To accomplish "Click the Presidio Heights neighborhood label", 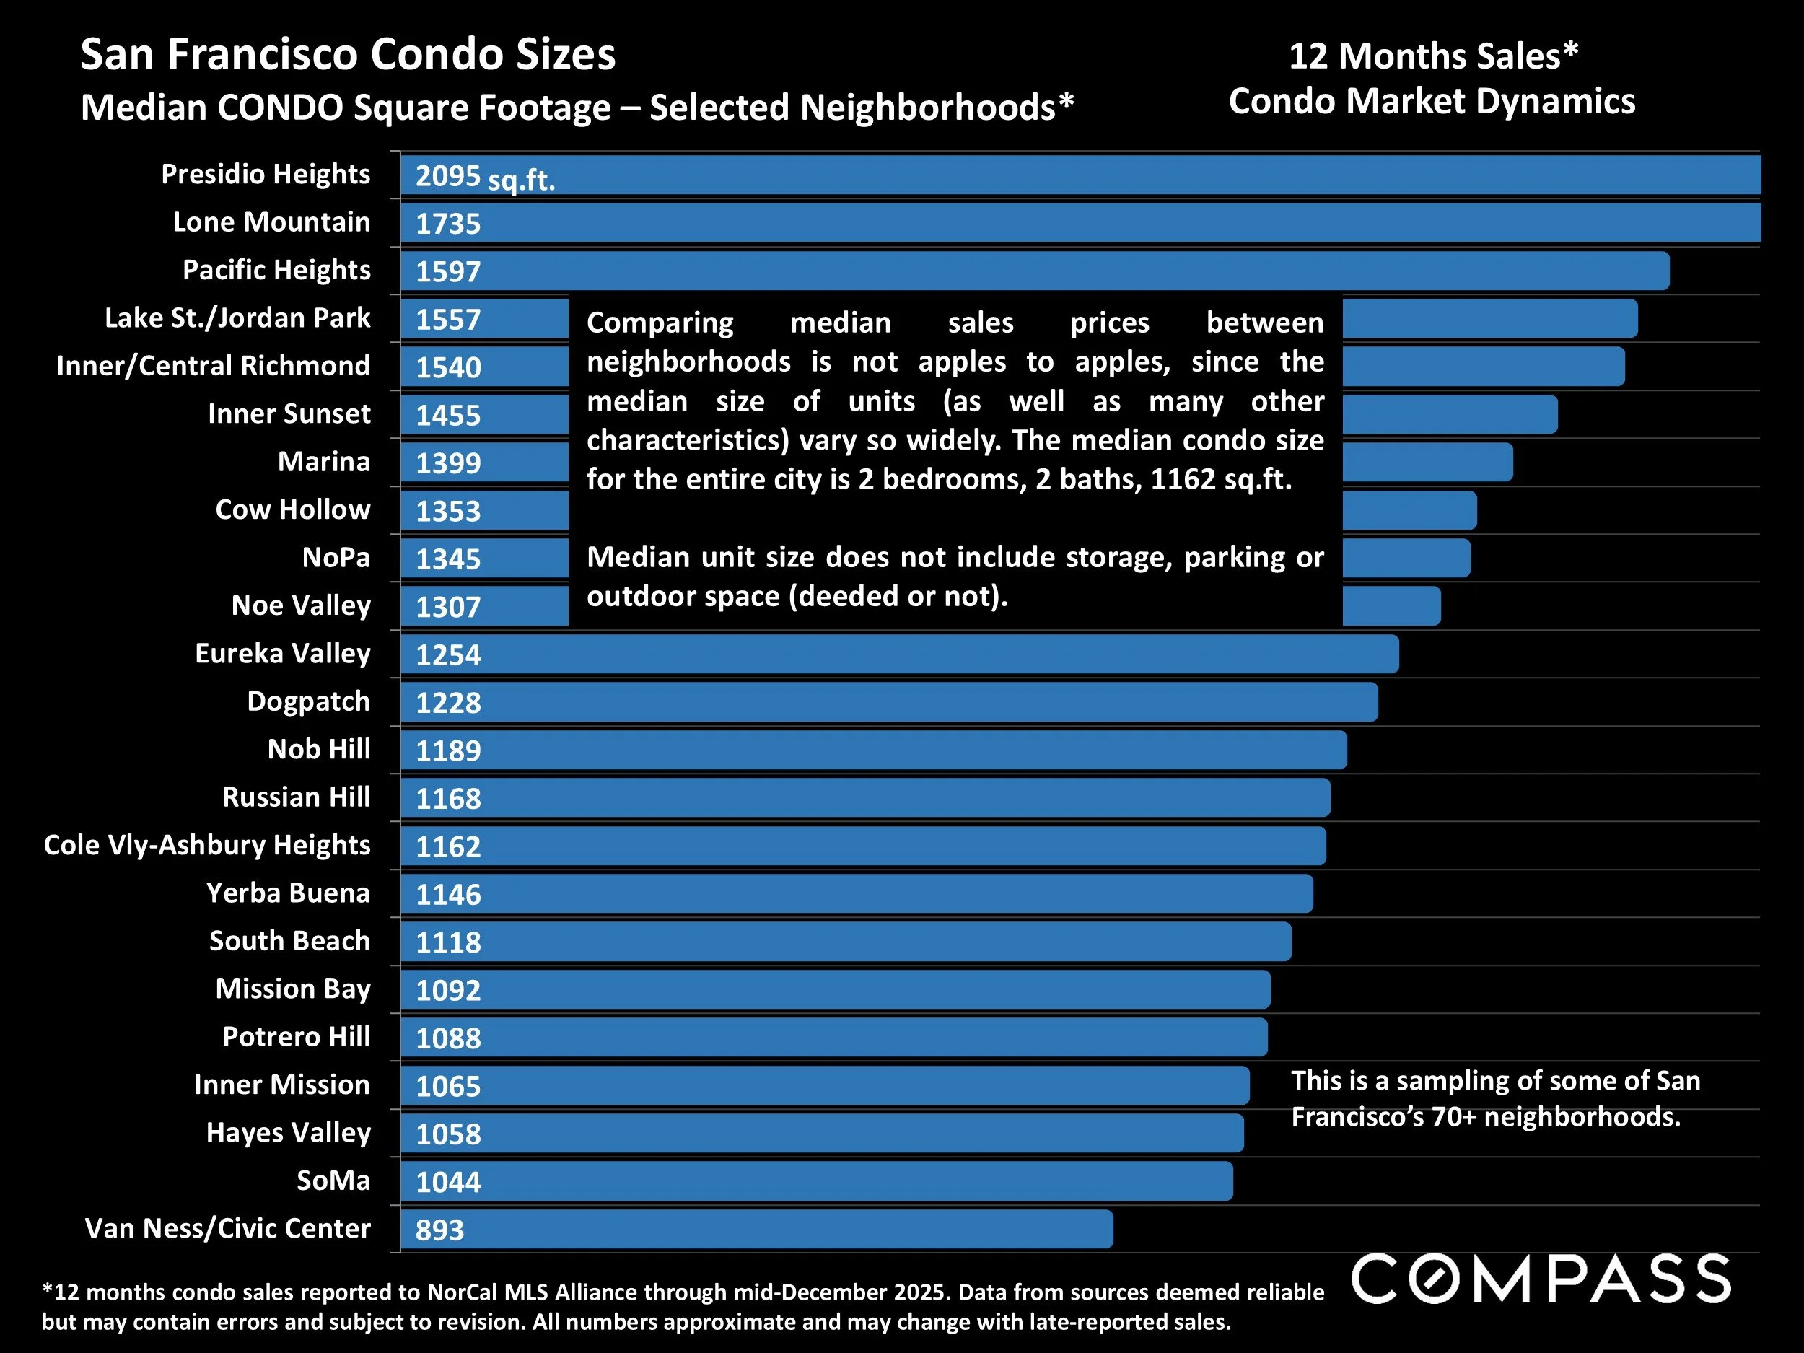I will (x=265, y=175).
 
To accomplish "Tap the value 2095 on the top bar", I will (x=447, y=176).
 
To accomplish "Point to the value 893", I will (x=439, y=1230).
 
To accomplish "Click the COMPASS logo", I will (x=1541, y=1279).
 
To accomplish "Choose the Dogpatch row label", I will (x=308, y=701).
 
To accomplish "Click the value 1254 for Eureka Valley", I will (x=447, y=655).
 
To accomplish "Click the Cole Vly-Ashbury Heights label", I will (x=207, y=845).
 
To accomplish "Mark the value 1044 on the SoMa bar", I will (x=447, y=1182).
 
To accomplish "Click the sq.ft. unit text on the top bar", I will (x=521, y=180).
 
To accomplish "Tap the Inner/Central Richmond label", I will (x=213, y=365).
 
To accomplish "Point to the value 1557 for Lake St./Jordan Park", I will (x=447, y=319).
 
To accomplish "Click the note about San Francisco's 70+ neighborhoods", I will (x=1494, y=1098).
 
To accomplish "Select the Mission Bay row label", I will (x=293, y=989).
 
